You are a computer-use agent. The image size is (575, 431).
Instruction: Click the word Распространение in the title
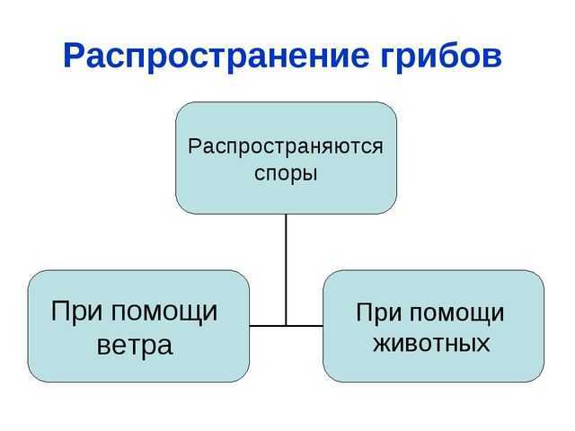[216, 57]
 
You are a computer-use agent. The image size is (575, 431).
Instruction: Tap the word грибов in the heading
[441, 56]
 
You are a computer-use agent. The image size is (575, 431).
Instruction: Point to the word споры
[286, 174]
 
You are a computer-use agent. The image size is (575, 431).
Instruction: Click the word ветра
[135, 345]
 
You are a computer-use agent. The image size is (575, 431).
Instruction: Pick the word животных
[431, 344]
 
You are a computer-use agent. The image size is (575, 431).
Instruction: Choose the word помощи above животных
[456, 314]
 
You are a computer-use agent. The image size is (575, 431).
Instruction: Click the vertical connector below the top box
[286, 269]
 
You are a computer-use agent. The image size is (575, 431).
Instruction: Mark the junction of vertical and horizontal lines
[286, 325]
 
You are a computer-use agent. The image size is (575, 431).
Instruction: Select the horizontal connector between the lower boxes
[287, 325]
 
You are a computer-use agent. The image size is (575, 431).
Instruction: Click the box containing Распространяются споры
[286, 158]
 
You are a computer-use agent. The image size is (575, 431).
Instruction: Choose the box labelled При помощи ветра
[138, 326]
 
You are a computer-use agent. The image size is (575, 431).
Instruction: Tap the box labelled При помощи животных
[433, 326]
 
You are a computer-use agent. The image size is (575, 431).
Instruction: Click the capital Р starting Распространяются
[194, 146]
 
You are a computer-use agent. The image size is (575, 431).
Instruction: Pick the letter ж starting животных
[381, 344]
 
